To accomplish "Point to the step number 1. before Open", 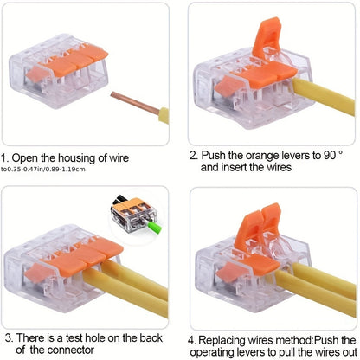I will tap(8, 158).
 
